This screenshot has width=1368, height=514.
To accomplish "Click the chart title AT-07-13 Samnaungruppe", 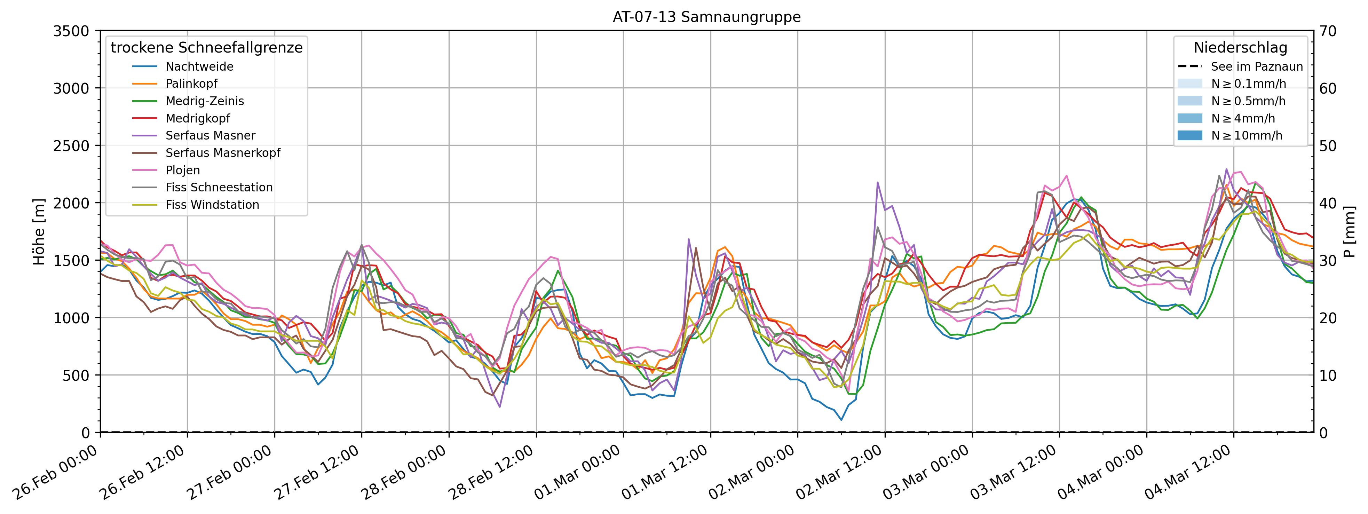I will [706, 17].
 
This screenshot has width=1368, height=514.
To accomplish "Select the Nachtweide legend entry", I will [199, 66].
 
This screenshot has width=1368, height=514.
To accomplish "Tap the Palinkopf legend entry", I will [191, 84].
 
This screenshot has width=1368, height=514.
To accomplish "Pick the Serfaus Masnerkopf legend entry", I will [222, 153].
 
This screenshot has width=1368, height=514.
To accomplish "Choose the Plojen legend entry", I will [183, 170].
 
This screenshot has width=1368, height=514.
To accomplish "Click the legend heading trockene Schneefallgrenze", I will [207, 48].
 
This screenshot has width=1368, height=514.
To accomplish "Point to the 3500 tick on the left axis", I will [71, 31].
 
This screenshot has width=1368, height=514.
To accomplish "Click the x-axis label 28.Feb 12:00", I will [491, 473].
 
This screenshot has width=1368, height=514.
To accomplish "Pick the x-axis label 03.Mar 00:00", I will [927, 473].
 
